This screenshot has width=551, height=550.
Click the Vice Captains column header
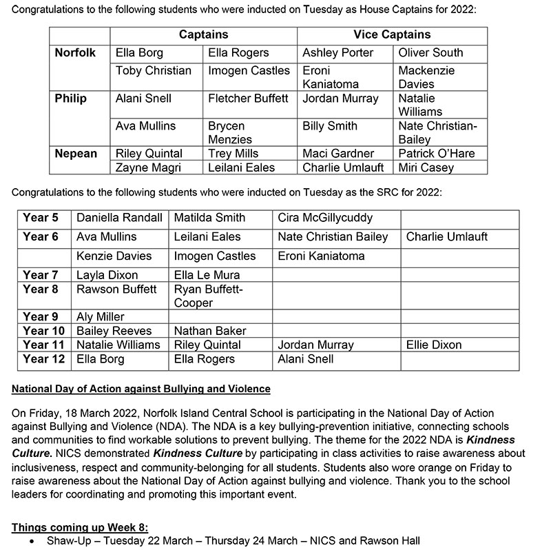[392, 34]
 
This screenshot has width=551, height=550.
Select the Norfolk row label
[75, 52]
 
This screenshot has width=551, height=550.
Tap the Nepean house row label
[76, 154]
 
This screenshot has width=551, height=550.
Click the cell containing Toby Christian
[154, 70]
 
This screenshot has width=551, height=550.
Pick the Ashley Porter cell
[337, 52]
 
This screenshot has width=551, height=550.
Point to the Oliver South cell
[430, 52]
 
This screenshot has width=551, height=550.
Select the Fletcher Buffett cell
[248, 99]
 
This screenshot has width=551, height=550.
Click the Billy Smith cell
[330, 126]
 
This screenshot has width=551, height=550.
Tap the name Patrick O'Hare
[437, 154]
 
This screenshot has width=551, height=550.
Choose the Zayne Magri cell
[149, 167]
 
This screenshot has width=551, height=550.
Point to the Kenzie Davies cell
[114, 256]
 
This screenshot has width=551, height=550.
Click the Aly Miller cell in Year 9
[101, 317]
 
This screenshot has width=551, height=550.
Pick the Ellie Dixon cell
[434, 345]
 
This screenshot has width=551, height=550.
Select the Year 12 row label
[44, 359]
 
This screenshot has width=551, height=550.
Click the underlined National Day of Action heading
[141, 389]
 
